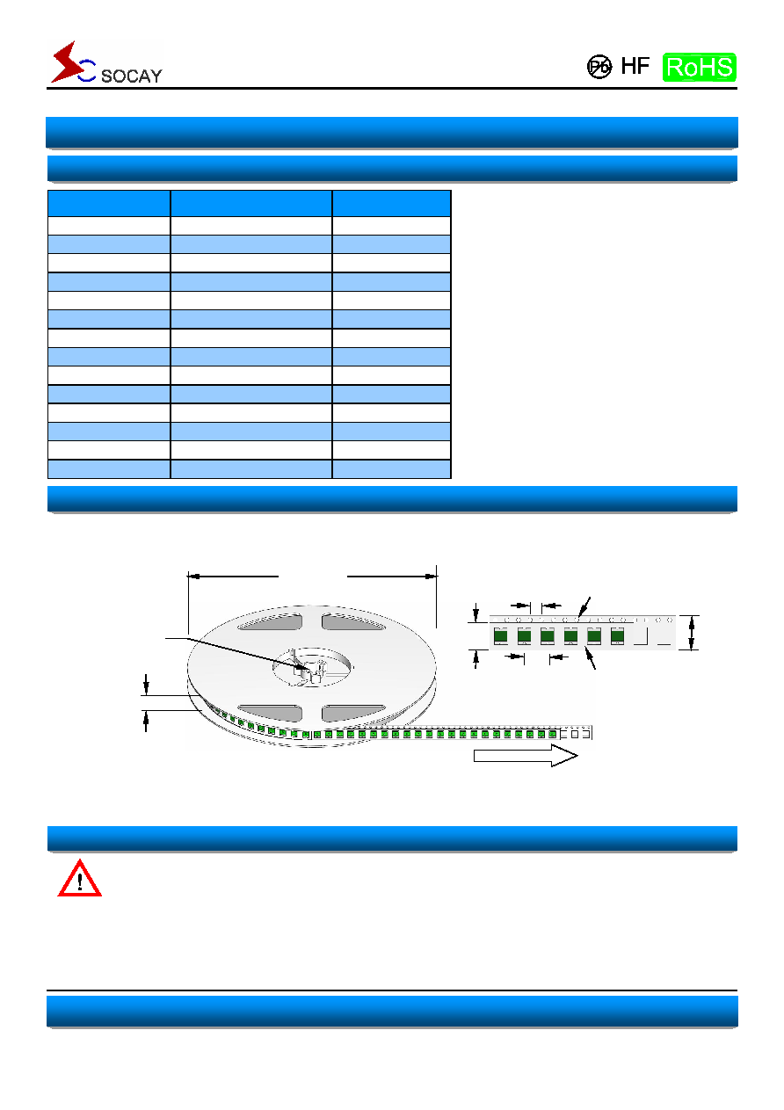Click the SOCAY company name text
point(131,76)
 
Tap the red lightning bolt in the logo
point(68,62)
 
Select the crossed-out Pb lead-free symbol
point(599,67)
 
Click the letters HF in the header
point(635,66)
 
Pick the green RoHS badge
point(700,68)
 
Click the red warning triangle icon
point(79,879)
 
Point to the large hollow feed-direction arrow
point(526,756)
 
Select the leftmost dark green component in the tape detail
point(500,635)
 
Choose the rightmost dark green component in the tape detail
point(617,635)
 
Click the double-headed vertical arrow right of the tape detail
point(692,632)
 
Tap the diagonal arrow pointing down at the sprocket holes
point(584,607)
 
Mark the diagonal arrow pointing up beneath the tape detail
point(591,658)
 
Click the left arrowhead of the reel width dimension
point(193,577)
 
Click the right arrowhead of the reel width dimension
point(431,577)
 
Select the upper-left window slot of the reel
point(270,621)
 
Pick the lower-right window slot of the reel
point(352,713)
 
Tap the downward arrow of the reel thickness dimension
point(146,685)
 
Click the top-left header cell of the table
point(109,203)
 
